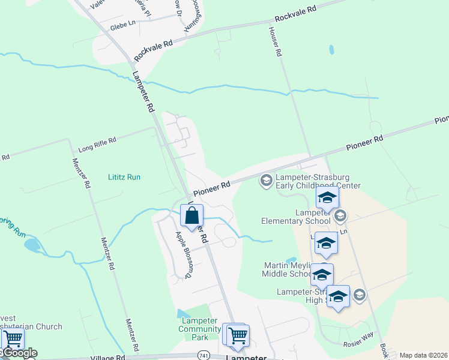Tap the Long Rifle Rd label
pyautogui.click(x=96, y=145)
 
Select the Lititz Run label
pyautogui.click(x=124, y=177)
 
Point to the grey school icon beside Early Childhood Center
pyautogui.click(x=266, y=180)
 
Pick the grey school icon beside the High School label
pyautogui.click(x=359, y=294)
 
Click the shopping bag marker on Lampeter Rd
pyautogui.click(x=191, y=216)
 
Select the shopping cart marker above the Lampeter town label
pyautogui.click(x=238, y=335)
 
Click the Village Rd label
pyautogui.click(x=107, y=356)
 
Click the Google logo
pyautogui.click(x=20, y=353)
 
